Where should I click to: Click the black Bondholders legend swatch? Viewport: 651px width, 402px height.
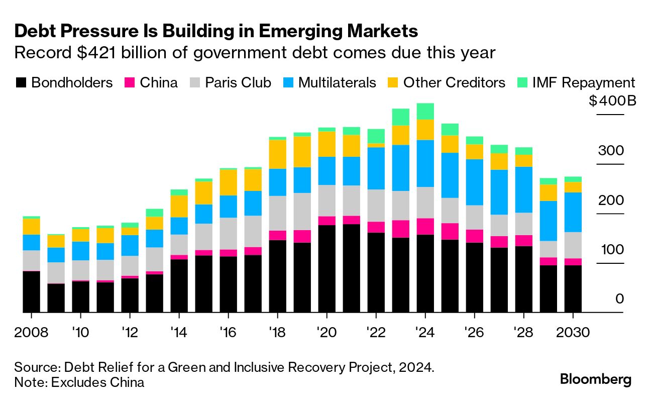[22, 83]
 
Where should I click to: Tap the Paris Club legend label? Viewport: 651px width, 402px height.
[238, 83]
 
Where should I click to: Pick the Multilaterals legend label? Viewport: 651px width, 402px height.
[337, 83]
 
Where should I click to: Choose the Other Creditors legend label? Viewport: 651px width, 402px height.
[454, 83]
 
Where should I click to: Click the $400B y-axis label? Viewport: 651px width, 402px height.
[612, 101]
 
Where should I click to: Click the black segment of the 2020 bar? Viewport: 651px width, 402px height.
[327, 269]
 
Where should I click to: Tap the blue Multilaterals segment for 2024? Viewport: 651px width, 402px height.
[425, 163]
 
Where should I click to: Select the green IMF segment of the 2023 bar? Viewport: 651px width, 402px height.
[401, 117]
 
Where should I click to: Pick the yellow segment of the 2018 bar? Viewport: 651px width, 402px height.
[278, 154]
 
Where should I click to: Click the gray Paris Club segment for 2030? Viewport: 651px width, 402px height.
[573, 245]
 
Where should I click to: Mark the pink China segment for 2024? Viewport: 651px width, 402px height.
[425, 226]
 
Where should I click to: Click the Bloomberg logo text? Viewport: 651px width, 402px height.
[596, 379]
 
